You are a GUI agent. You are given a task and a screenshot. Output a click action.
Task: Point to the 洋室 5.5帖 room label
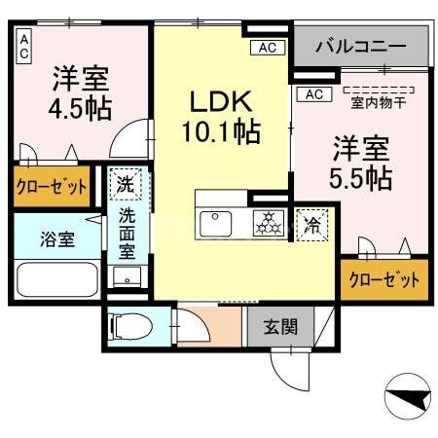362,164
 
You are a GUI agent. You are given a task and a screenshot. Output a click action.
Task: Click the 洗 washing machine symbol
126,182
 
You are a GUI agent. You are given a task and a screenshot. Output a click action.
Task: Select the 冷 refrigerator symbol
312,224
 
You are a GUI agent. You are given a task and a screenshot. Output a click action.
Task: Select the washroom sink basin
127,274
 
